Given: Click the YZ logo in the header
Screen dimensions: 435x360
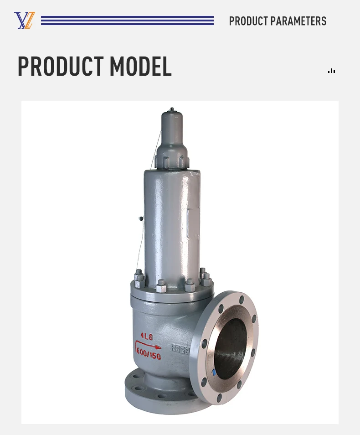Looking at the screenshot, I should click(x=24, y=21).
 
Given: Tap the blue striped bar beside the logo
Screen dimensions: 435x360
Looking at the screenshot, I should click(x=127, y=21).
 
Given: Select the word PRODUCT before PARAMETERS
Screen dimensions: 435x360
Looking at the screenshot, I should click(x=248, y=21).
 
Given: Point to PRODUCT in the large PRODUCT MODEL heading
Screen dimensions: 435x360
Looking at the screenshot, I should click(x=61, y=67).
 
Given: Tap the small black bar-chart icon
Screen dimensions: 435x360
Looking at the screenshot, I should click(x=331, y=71).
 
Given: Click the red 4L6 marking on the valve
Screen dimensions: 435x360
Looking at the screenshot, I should click(x=147, y=336).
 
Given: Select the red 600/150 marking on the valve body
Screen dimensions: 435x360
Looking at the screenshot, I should click(x=149, y=355).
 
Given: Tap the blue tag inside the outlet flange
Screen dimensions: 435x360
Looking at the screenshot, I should click(x=214, y=372).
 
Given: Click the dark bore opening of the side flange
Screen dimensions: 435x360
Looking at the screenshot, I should click(x=230, y=348).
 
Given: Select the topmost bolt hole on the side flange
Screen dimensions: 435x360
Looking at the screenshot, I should click(x=242, y=300).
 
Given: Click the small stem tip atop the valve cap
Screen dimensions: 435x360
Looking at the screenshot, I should click(x=172, y=109).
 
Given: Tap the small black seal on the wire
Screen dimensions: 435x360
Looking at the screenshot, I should click(x=141, y=219).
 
